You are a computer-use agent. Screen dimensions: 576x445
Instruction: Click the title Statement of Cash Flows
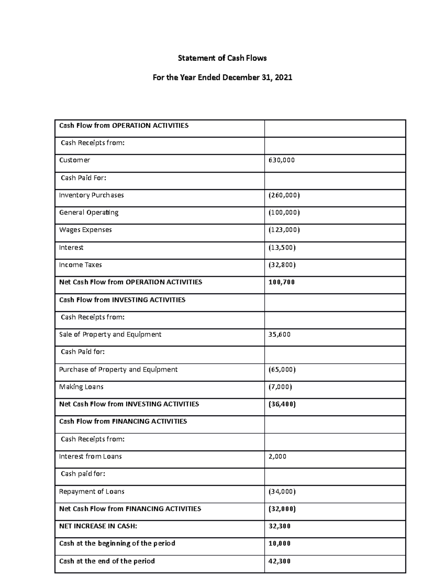coord(222,58)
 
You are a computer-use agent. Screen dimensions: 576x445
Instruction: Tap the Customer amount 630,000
coord(281,160)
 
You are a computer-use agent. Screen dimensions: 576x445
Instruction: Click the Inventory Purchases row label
coord(91,195)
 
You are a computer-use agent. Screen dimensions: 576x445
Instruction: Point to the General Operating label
coord(89,213)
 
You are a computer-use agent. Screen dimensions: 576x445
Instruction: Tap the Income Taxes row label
coord(80,265)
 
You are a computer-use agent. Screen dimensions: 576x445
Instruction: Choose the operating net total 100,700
coord(281,282)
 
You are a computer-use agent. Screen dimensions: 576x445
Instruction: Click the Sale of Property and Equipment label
coord(110,335)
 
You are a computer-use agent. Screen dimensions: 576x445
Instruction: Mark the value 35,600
coord(279,335)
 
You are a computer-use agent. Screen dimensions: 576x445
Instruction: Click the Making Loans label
coord(81,387)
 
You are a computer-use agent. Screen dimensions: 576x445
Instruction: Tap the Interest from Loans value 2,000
coord(277,457)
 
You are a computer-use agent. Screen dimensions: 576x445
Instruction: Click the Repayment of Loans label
coord(92,491)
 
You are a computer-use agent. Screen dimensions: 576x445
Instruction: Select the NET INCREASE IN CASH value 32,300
coord(279,526)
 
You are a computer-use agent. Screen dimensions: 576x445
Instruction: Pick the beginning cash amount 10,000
coord(279,543)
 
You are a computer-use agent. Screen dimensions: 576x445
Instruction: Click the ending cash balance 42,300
coord(279,561)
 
